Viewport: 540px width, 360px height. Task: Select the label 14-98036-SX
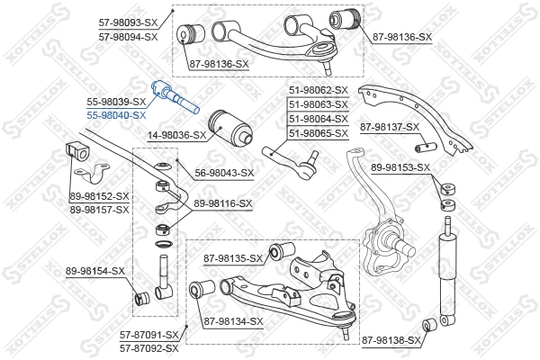pyautogui.click(x=175, y=136)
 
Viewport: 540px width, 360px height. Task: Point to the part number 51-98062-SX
pyautogui.click(x=318, y=90)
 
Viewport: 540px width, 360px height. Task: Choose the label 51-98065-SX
pyautogui.click(x=318, y=133)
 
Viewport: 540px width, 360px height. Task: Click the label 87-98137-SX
pyautogui.click(x=390, y=127)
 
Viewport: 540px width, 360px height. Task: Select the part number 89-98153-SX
pyautogui.click(x=401, y=167)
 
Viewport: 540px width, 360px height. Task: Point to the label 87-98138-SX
pyautogui.click(x=391, y=340)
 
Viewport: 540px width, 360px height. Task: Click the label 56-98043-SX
pyautogui.click(x=224, y=173)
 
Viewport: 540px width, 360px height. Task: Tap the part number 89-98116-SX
pyautogui.click(x=222, y=204)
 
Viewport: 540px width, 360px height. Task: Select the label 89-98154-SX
pyautogui.click(x=94, y=270)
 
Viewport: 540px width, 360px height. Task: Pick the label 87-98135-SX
pyautogui.click(x=233, y=259)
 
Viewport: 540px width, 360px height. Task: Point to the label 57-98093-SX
pyautogui.click(x=128, y=22)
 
